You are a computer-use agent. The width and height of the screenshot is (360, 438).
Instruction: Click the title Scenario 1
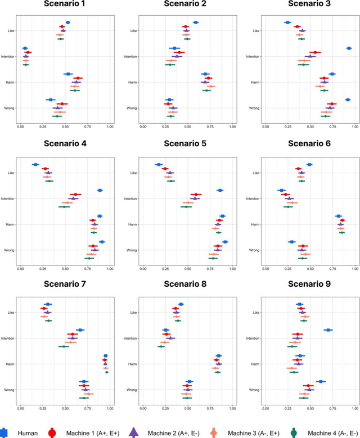pyautogui.click(x=65, y=4)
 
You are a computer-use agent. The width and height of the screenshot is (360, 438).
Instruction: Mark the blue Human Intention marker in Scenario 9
pyautogui.click(x=328, y=330)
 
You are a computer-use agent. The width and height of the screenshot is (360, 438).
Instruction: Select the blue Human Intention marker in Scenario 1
pyautogui.click(x=25, y=48)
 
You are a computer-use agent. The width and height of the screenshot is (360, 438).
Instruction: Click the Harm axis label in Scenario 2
pyautogui.click(x=133, y=83)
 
